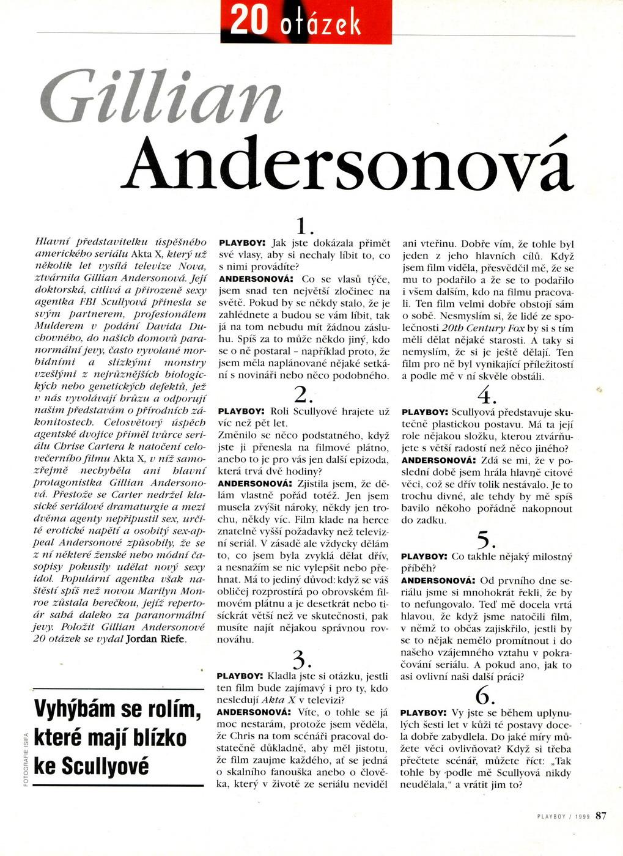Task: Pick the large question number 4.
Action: click(486, 396)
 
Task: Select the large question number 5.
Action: click(486, 540)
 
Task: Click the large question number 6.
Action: click(485, 695)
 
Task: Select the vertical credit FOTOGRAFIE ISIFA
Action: click(25, 759)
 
